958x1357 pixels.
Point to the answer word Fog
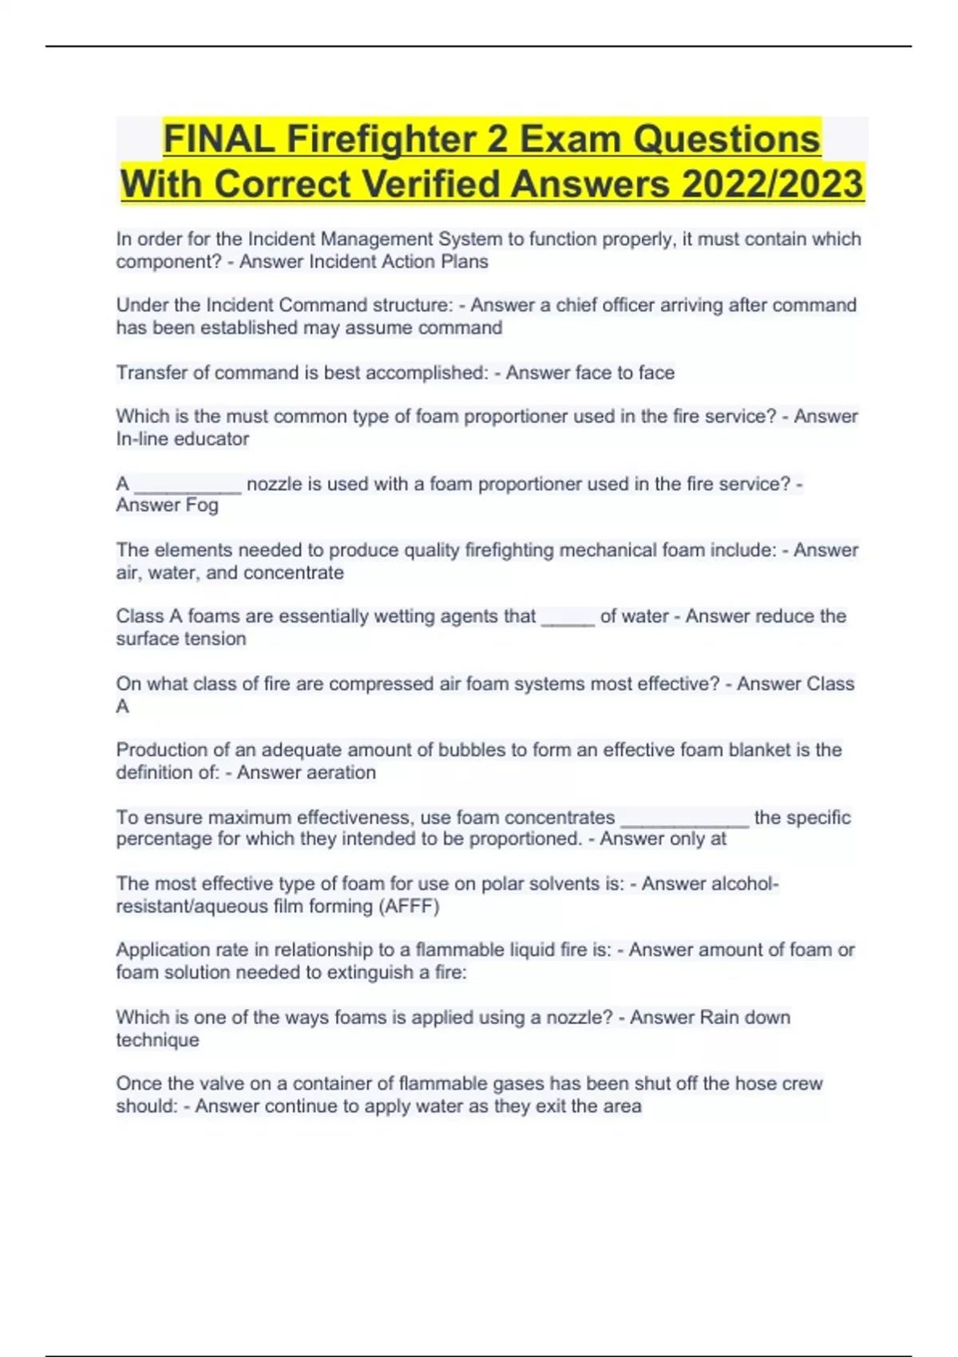coord(202,505)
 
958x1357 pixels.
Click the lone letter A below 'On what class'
coord(122,706)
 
